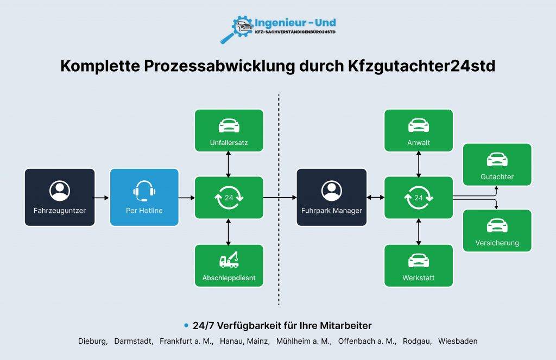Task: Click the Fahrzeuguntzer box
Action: click(x=60, y=197)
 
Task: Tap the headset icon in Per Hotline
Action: click(x=144, y=191)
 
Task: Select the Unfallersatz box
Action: click(x=229, y=130)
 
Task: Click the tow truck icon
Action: click(x=229, y=260)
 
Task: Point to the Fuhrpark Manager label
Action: click(x=332, y=211)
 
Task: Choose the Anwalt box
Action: click(x=419, y=130)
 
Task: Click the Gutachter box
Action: click(x=497, y=165)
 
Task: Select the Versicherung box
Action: click(x=497, y=231)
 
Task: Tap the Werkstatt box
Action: click(x=419, y=266)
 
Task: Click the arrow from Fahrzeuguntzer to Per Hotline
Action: click(x=101, y=198)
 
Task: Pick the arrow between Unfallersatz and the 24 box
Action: click(x=229, y=164)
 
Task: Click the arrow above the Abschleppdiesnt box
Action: click(x=229, y=232)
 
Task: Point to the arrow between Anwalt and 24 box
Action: click(x=419, y=164)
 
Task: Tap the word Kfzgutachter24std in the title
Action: click(x=421, y=66)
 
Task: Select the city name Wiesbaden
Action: click(x=458, y=341)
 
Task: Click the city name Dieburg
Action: click(x=92, y=341)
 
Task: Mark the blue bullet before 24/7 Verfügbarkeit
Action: click(x=186, y=325)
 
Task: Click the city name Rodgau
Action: click(x=416, y=342)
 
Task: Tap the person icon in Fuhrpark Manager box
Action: click(x=332, y=191)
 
